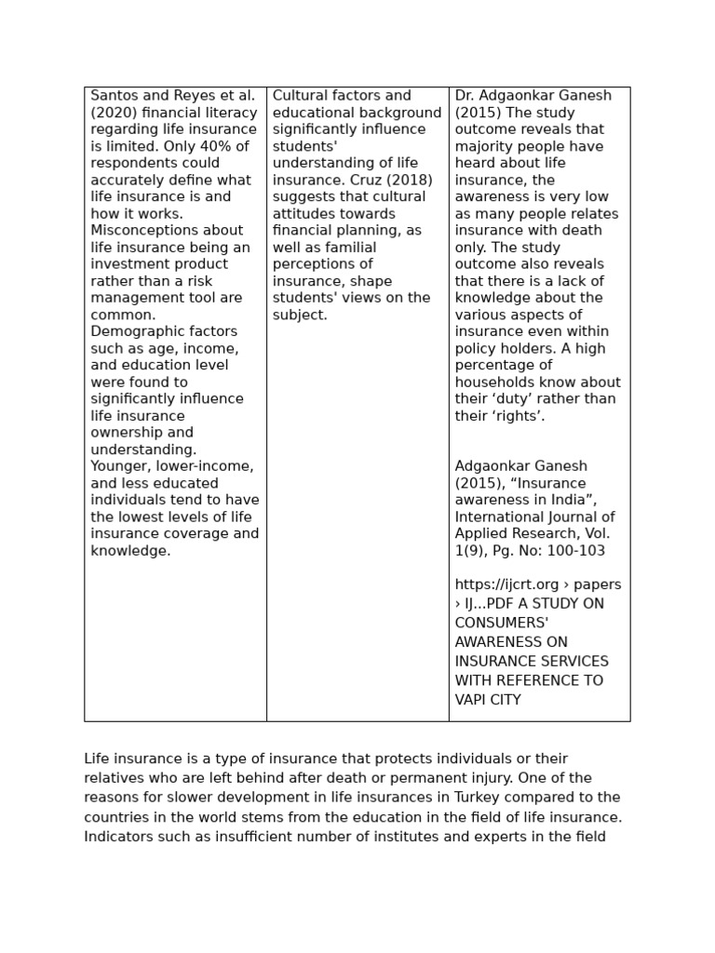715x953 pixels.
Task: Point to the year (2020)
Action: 112,113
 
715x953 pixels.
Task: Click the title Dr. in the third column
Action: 465,96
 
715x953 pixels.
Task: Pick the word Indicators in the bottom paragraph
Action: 118,837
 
